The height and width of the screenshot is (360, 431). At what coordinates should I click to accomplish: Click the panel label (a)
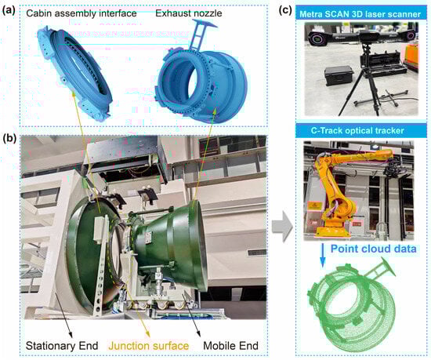(9, 11)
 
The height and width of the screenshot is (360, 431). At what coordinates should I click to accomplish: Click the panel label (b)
(9, 138)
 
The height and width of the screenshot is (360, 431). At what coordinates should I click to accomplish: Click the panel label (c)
(285, 10)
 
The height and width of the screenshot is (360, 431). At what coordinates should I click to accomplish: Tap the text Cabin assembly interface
(81, 13)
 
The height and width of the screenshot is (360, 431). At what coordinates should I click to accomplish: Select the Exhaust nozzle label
(189, 13)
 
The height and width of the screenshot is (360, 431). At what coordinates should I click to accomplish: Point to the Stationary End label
(62, 346)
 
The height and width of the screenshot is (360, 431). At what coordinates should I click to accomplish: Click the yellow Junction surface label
(149, 346)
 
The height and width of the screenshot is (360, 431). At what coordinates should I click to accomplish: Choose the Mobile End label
(230, 346)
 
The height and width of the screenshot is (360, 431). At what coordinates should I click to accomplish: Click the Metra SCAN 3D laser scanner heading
(360, 14)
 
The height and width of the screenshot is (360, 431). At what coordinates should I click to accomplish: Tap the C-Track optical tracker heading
(357, 130)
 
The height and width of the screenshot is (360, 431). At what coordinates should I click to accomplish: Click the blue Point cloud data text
(373, 249)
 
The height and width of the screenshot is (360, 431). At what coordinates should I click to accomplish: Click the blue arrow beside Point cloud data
(323, 255)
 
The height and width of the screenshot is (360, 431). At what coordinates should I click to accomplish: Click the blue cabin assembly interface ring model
(74, 72)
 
